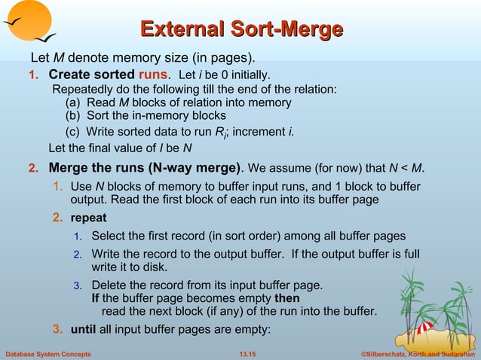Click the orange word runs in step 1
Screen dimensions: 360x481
click(154, 75)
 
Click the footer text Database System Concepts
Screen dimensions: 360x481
click(48, 354)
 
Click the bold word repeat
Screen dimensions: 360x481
click(89, 218)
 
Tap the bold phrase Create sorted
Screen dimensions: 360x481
click(91, 75)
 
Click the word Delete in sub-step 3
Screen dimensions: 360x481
click(109, 285)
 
